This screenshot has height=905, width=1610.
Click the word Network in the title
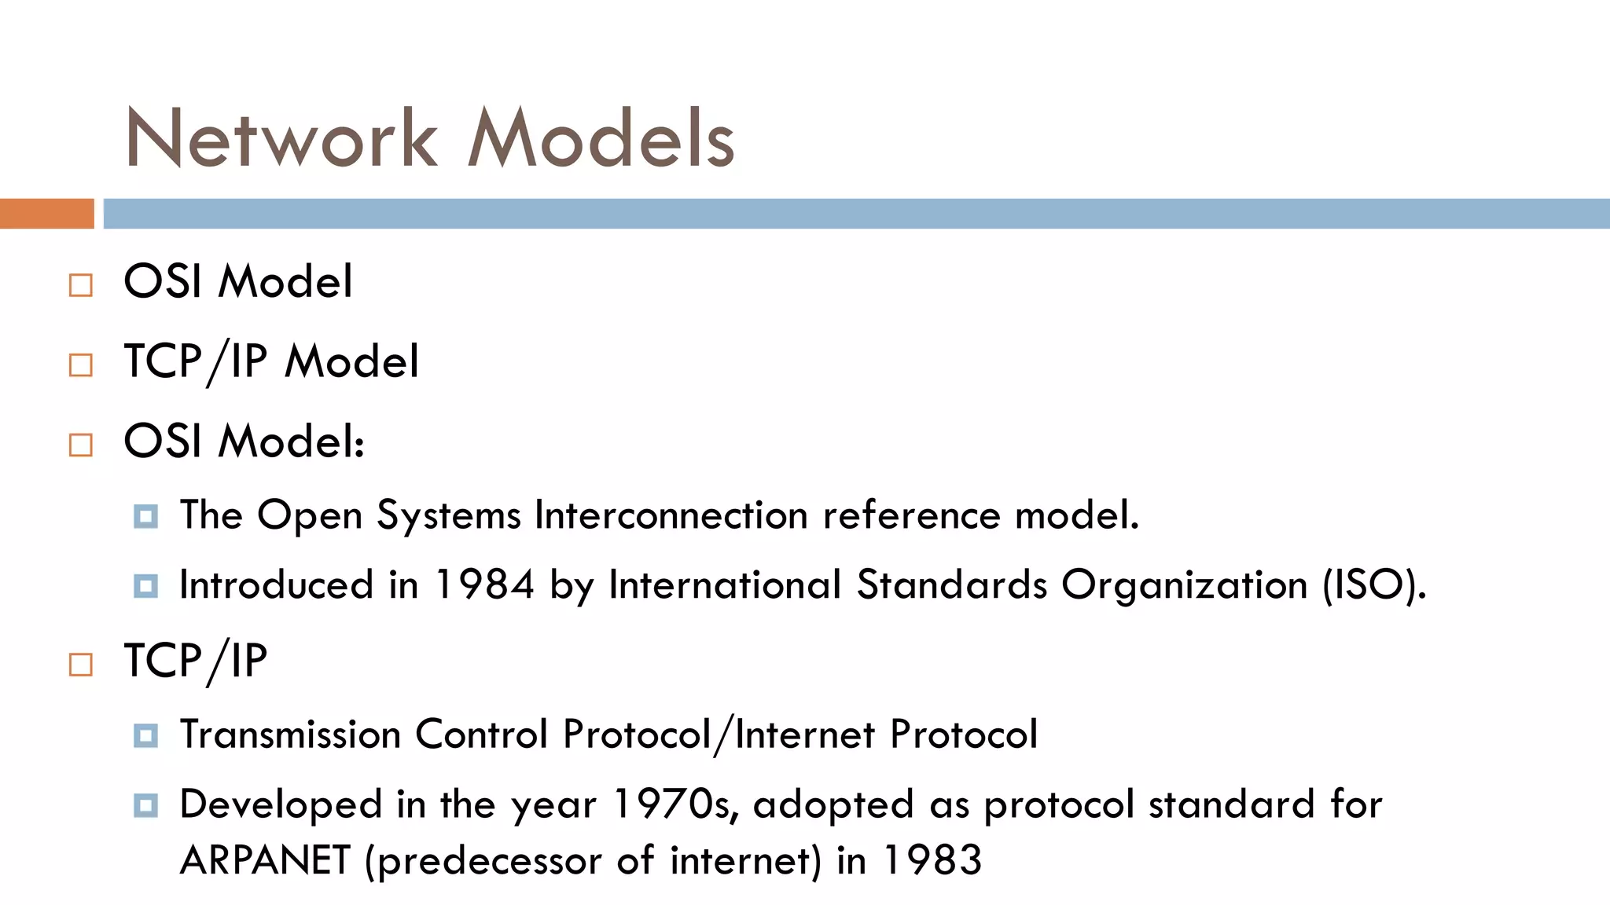coord(281,138)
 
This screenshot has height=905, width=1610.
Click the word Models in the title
coord(601,138)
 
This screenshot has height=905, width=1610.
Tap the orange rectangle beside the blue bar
coord(46,214)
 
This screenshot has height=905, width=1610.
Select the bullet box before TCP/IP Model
coord(81,365)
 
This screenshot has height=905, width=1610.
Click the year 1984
coord(484,585)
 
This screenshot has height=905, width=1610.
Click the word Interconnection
coord(671,515)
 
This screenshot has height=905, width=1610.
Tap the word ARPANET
coord(265,860)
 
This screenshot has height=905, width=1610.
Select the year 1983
coord(932,860)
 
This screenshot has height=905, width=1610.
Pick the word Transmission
coord(291,735)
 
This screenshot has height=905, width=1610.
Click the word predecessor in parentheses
coord(492,860)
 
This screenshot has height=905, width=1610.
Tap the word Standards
coord(951,585)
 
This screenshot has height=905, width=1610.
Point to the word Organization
coord(1184,585)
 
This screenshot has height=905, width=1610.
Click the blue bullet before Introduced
coord(146,586)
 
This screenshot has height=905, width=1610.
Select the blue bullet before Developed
coord(146,805)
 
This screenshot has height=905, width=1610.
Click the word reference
coord(911,515)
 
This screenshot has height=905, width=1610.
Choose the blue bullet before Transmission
coord(146,735)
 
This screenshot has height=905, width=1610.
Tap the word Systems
coord(448,515)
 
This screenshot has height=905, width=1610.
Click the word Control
coord(481,735)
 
